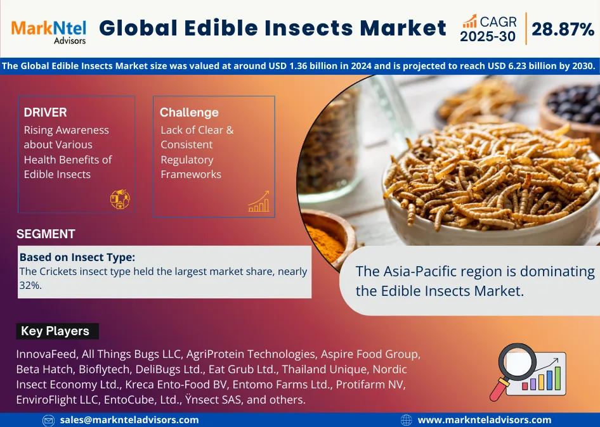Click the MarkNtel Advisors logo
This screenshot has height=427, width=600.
coord(49,32)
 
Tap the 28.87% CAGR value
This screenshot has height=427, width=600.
coord(563,29)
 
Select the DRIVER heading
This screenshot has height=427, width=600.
coord(45,112)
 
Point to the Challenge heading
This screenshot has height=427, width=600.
coord(189,112)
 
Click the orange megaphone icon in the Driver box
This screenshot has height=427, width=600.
coord(120,199)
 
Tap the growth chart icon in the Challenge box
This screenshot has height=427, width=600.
coord(259,201)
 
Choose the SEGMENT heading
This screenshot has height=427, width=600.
coord(46,234)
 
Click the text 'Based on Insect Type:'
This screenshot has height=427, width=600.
coord(77,257)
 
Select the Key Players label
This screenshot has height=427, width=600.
coord(55,331)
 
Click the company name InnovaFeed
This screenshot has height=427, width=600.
coord(46,354)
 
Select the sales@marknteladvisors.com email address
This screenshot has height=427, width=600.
coord(129,420)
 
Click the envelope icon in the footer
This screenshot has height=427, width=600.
coord(49,421)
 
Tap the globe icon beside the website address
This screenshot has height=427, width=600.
coord(407,420)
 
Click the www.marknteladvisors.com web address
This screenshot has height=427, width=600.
coord(485,420)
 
